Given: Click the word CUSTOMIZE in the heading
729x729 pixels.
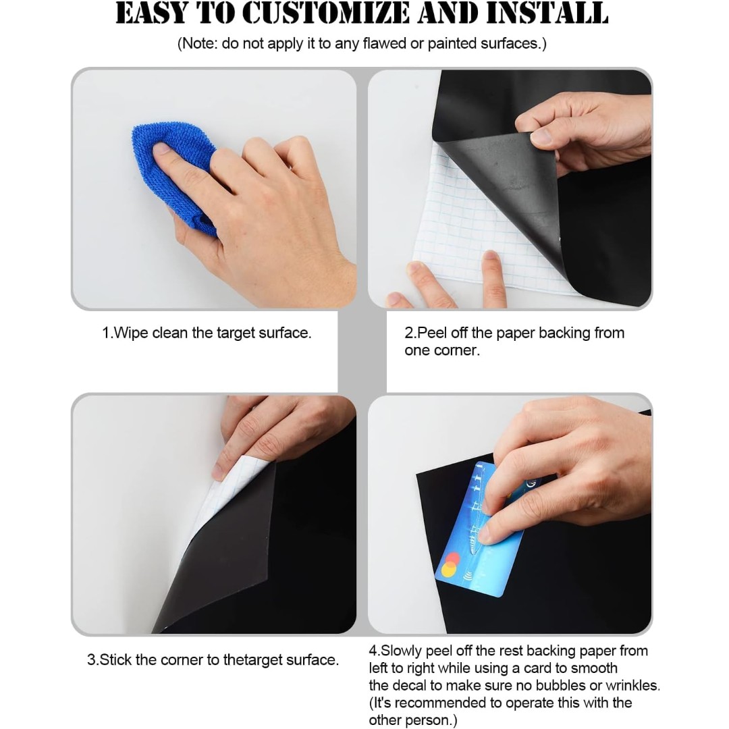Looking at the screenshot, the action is coord(325,13).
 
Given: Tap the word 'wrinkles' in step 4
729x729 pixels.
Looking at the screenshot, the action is coord(632,685).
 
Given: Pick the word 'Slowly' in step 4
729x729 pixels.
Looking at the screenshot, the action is coord(401,651).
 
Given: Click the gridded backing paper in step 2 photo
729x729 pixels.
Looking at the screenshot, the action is coord(470,223).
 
